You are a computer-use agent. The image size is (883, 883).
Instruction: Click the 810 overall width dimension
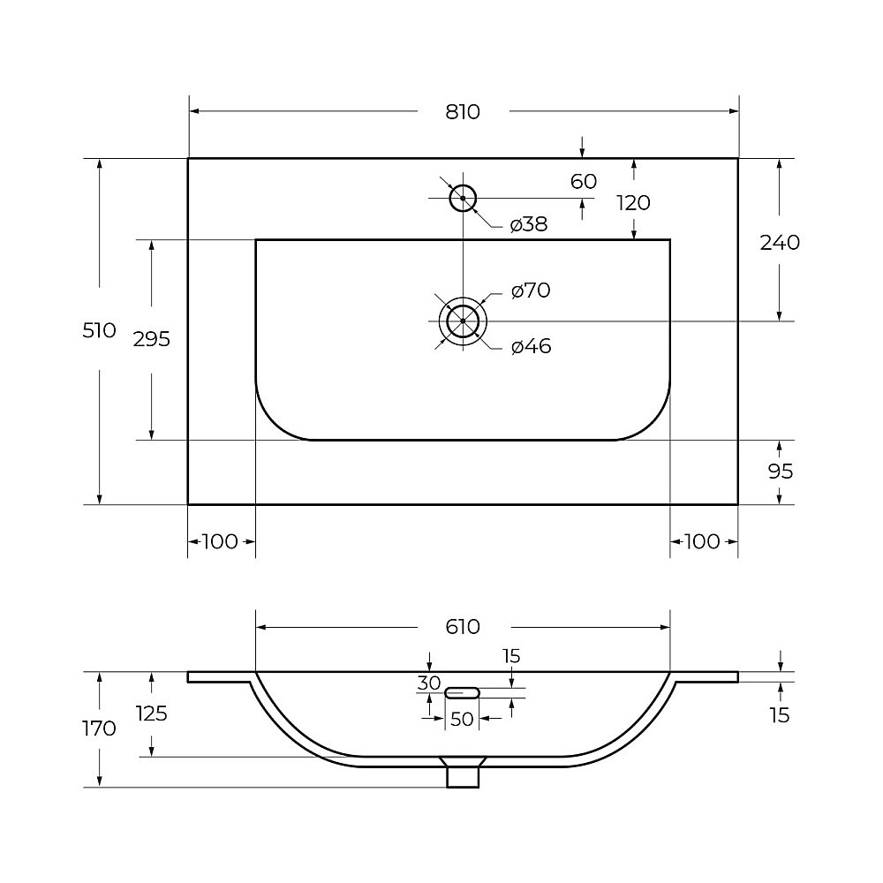[463, 112]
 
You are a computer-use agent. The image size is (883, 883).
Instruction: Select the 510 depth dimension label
[99, 330]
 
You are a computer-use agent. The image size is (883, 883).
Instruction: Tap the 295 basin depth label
[152, 340]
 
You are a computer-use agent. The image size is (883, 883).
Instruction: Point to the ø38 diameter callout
[529, 224]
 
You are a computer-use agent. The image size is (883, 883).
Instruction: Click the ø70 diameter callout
[531, 291]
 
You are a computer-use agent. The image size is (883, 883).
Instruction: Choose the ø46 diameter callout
[531, 346]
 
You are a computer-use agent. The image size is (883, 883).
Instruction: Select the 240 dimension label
[780, 243]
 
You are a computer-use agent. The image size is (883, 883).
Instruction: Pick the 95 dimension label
[781, 472]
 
